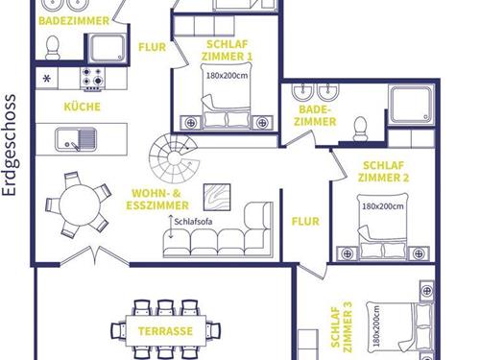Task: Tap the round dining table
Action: coord(80,204)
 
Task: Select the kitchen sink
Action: coord(76,139)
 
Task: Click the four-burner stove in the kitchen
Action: coord(92,79)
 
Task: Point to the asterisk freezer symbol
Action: coord(47,79)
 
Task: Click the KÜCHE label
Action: coord(83,107)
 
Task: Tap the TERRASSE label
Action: coord(165,331)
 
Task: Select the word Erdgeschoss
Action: coord(10,145)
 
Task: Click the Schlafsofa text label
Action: coord(193,222)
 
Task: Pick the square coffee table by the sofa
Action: coord(217,197)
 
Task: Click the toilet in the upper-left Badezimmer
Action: coord(53,48)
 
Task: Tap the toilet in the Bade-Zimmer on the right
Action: coord(361,129)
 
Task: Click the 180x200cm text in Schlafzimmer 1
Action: coord(227,76)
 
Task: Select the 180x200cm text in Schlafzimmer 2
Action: coord(383,206)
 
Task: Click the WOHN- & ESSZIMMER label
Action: coord(157,200)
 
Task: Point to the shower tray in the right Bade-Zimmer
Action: coord(412,105)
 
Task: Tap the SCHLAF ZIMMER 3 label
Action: coord(342,327)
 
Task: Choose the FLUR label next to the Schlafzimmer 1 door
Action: coord(153,47)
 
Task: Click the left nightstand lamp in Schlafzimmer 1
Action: coord(191,123)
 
